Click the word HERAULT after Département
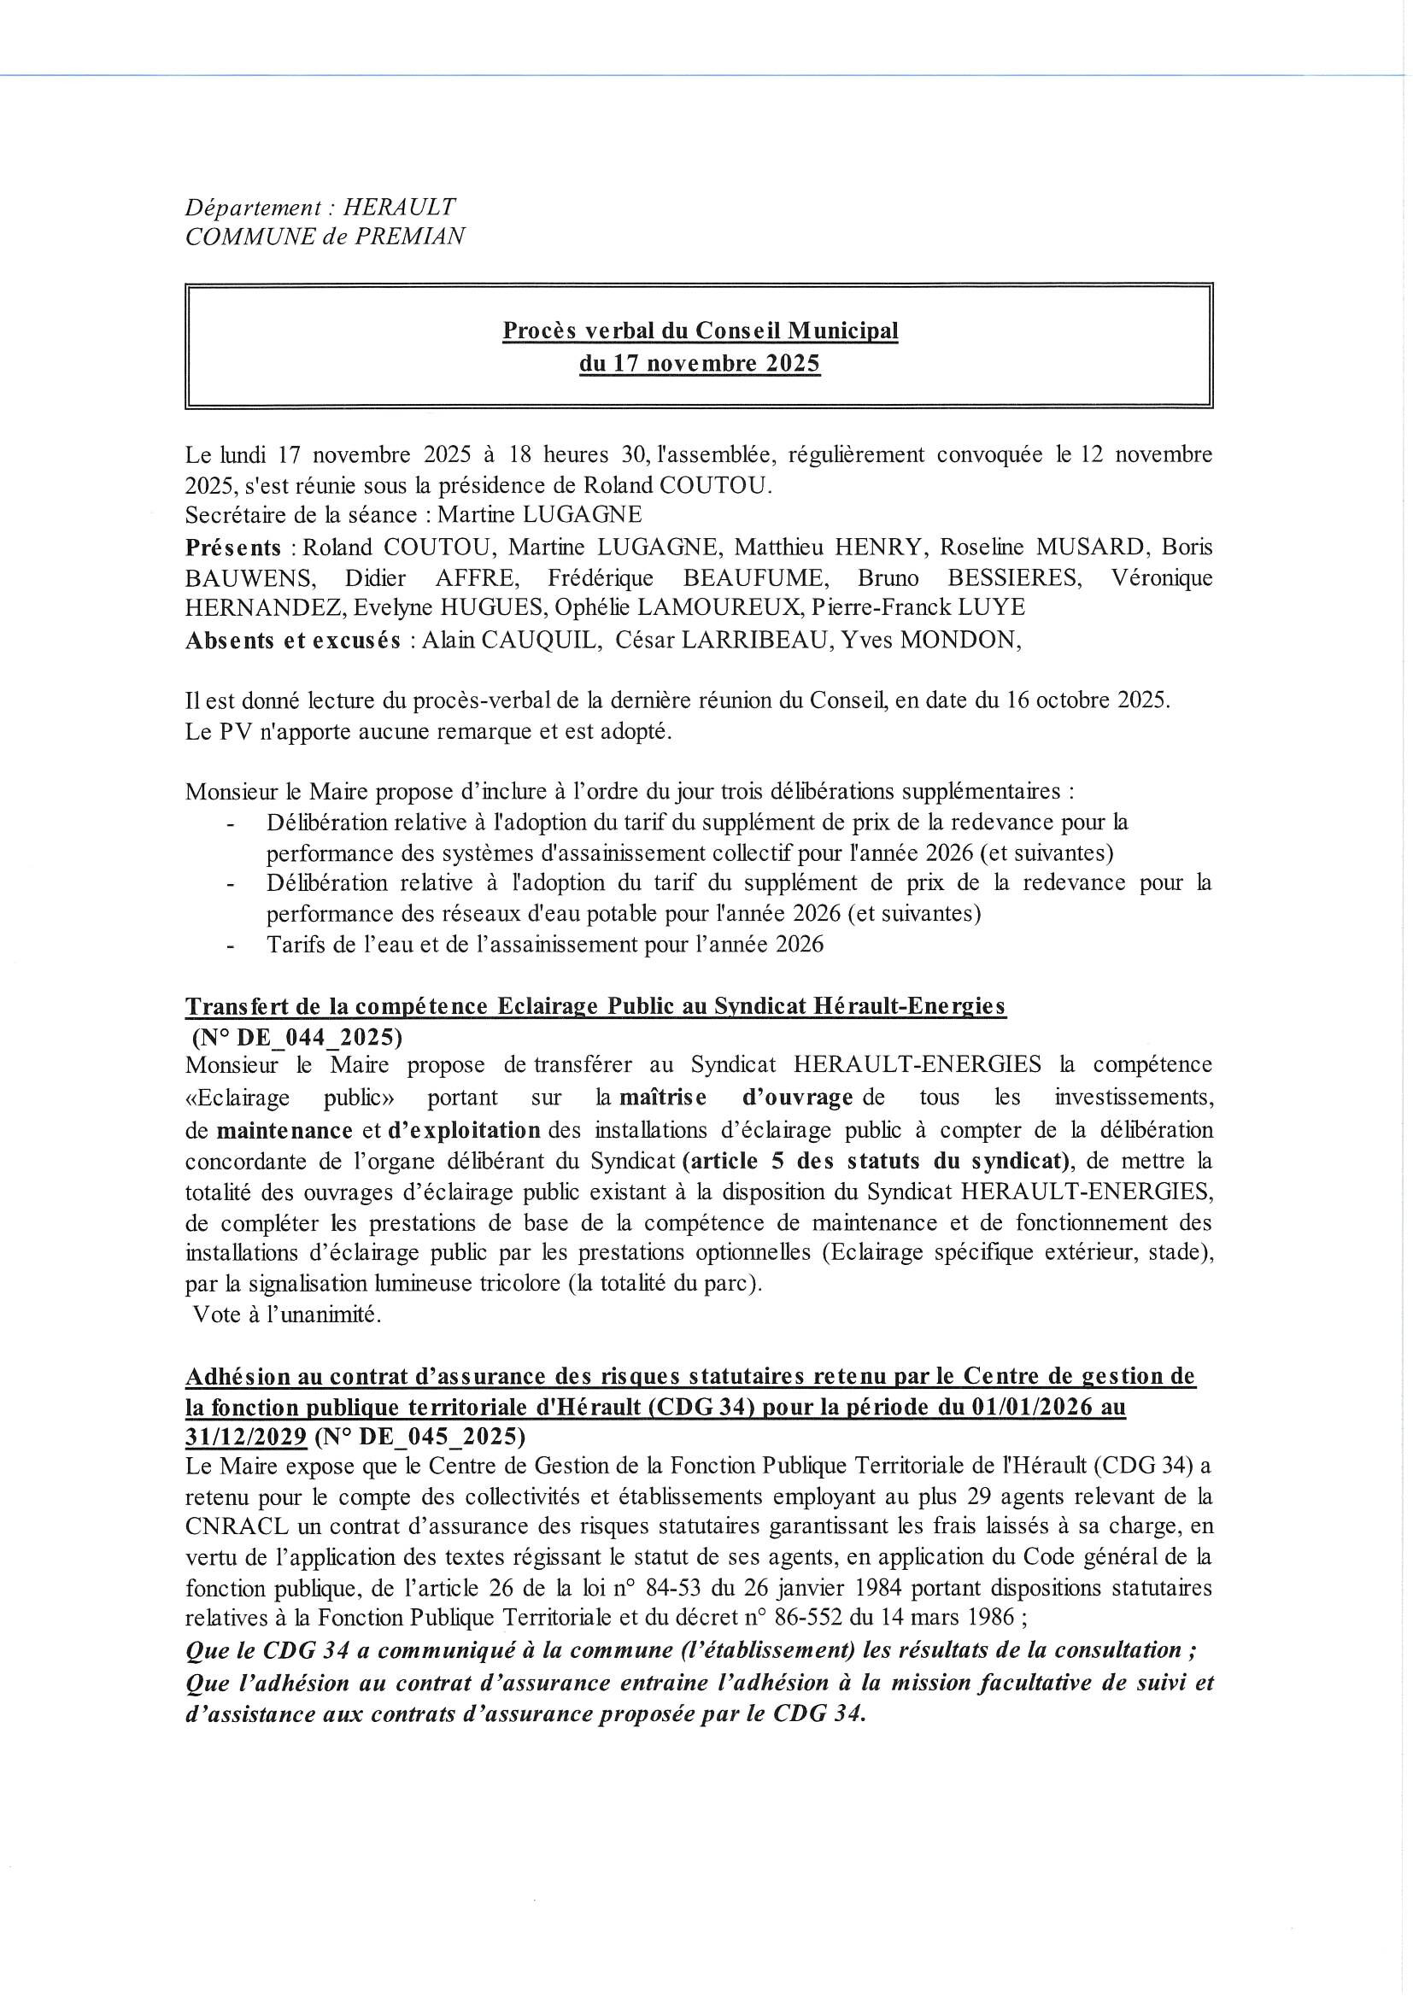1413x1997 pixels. pos(399,208)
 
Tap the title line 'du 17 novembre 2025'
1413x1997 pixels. pos(700,364)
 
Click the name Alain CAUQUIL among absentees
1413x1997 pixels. pos(511,640)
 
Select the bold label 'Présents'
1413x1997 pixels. pos(232,548)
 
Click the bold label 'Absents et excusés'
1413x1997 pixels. pos(293,641)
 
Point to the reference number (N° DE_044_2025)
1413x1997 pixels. pos(296,1038)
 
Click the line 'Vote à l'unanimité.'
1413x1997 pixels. pos(287,1315)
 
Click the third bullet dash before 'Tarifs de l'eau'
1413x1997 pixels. pos(230,946)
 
